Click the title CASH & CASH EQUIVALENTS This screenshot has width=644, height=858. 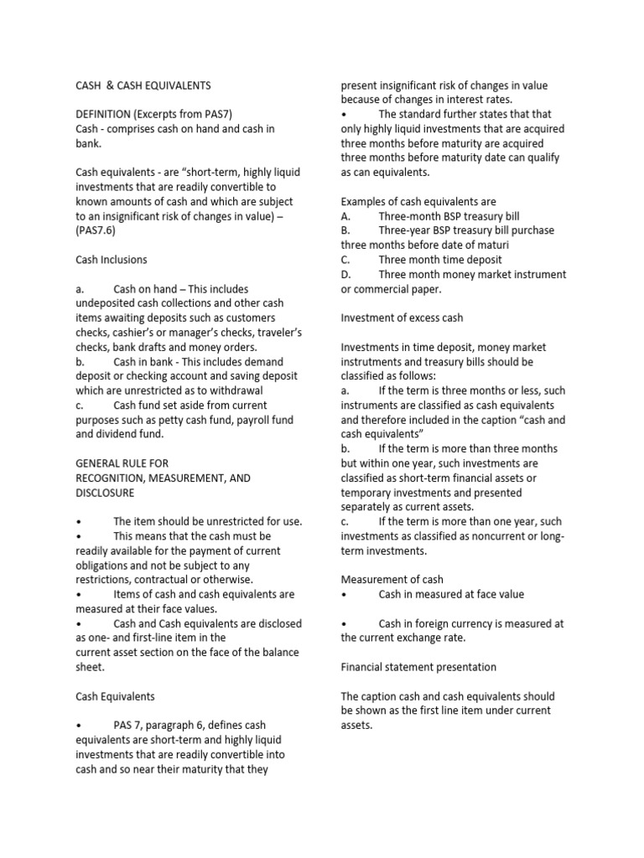tap(143, 85)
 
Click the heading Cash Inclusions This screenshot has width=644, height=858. tap(112, 260)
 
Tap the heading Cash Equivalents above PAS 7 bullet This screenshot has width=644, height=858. tap(115, 696)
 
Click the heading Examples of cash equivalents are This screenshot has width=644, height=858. tap(418, 201)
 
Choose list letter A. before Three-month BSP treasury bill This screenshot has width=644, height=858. tap(345, 216)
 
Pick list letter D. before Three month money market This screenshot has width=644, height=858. tap(345, 275)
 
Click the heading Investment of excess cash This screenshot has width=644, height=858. tap(402, 318)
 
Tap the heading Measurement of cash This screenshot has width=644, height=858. tap(392, 579)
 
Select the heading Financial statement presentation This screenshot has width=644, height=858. tap(418, 667)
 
